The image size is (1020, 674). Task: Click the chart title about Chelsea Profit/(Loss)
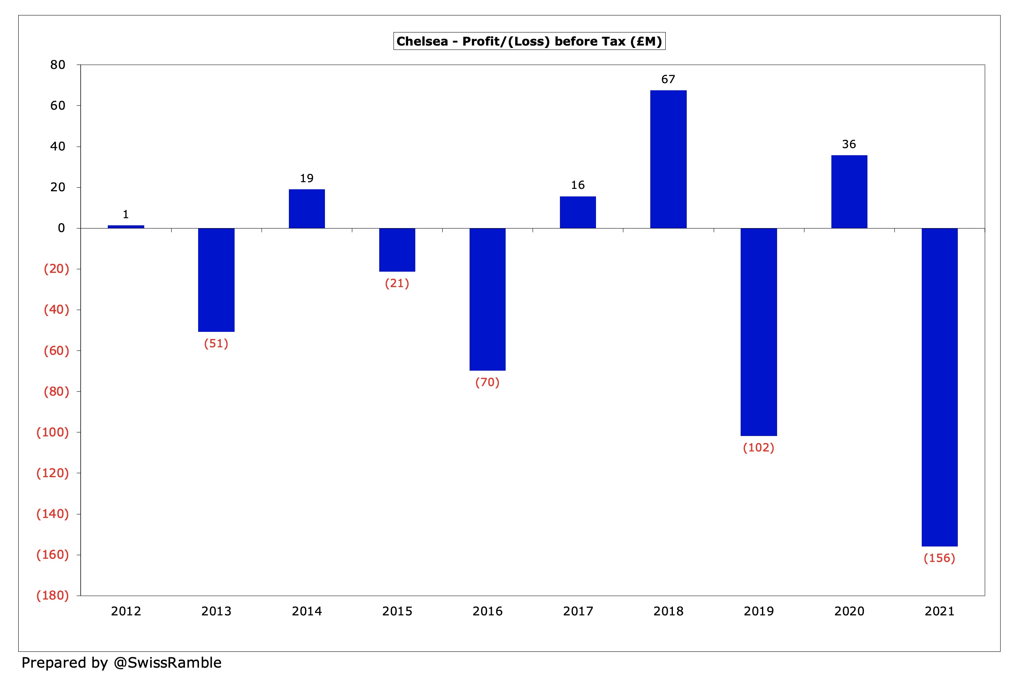529,41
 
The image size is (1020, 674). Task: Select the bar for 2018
668,159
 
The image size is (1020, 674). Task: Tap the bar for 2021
939,387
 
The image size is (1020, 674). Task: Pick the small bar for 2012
126,227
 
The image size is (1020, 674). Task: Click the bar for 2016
487,299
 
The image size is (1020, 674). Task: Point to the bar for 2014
307,208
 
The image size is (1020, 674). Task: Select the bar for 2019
758,332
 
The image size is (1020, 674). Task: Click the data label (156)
939,558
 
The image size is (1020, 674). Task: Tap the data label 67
668,79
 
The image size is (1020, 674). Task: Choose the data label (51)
216,343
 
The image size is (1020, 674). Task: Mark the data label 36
848,144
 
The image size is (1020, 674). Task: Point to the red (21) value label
397,283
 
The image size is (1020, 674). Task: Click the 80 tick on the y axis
57,65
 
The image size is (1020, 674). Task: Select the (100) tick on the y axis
52,432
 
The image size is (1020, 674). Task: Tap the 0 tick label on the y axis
61,228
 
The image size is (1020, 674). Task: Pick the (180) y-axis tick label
52,595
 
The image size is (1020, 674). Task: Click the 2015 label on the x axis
397,611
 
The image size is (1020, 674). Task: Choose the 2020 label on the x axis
849,611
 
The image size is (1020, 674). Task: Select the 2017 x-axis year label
578,611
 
